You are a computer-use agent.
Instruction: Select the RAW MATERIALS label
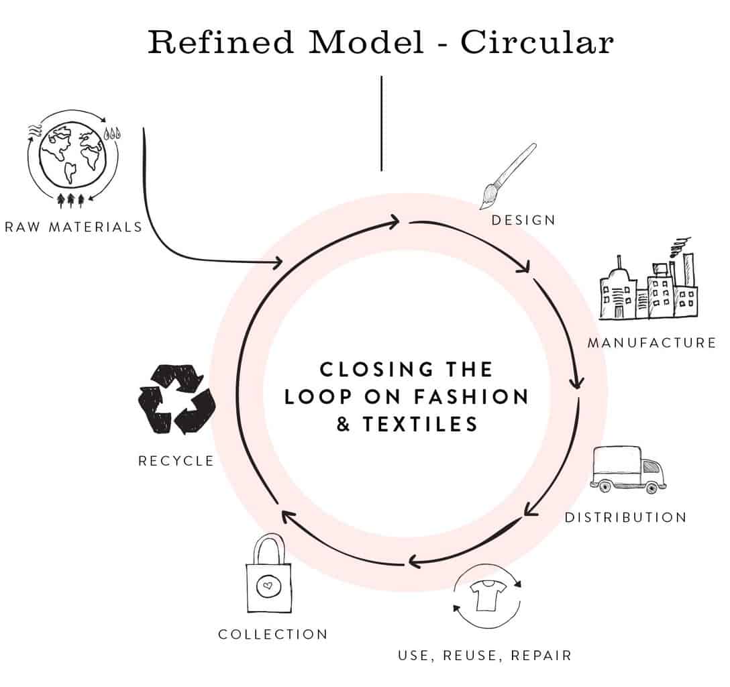click(73, 227)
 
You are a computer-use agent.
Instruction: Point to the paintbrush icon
click(508, 175)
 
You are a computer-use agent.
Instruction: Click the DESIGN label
click(523, 220)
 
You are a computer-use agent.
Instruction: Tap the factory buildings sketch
click(647, 285)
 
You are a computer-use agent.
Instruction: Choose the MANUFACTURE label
click(651, 343)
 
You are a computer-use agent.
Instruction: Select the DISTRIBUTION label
click(625, 517)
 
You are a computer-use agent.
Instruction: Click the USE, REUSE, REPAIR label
click(484, 655)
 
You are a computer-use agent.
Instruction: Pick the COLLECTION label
click(272, 634)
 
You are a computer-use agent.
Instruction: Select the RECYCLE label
click(176, 461)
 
